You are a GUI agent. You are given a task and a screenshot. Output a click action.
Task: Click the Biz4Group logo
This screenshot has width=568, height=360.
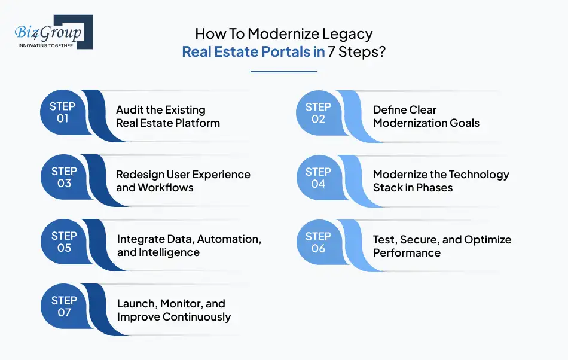(53, 31)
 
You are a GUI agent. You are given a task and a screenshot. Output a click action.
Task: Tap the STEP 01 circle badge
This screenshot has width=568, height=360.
(63, 112)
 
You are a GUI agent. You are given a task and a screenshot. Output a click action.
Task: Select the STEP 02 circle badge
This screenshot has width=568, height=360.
(318, 112)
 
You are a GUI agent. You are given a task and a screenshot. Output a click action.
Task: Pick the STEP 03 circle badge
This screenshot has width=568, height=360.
(63, 177)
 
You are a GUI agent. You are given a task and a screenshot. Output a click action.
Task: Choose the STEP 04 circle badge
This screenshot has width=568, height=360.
(318, 177)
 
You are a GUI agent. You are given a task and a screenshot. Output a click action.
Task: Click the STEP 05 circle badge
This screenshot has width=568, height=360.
(63, 242)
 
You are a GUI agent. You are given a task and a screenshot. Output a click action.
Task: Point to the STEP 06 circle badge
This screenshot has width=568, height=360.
(318, 242)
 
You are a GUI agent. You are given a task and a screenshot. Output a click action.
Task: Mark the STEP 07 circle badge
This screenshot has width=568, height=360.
(63, 306)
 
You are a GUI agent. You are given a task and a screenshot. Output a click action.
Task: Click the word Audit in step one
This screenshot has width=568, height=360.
(130, 110)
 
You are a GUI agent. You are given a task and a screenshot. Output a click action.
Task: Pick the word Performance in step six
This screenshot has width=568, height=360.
(407, 252)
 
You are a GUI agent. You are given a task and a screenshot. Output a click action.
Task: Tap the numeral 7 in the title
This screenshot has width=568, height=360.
(332, 51)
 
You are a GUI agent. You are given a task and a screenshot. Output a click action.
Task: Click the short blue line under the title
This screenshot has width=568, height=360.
(283, 72)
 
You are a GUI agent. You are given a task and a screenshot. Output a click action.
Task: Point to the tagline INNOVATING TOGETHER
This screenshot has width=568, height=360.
(46, 45)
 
